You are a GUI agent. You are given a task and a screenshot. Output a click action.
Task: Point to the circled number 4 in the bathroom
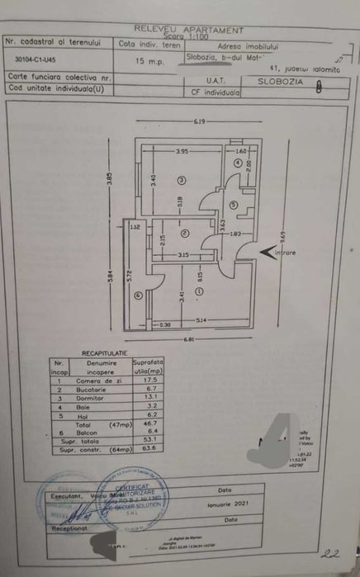[237, 163]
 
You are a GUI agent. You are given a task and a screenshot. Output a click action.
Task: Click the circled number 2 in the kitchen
[187, 232]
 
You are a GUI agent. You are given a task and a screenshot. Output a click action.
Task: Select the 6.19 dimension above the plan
[198, 122]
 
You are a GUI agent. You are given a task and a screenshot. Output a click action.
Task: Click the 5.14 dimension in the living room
[201, 319]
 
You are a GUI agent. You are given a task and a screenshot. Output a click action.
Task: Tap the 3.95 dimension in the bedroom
[182, 151]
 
